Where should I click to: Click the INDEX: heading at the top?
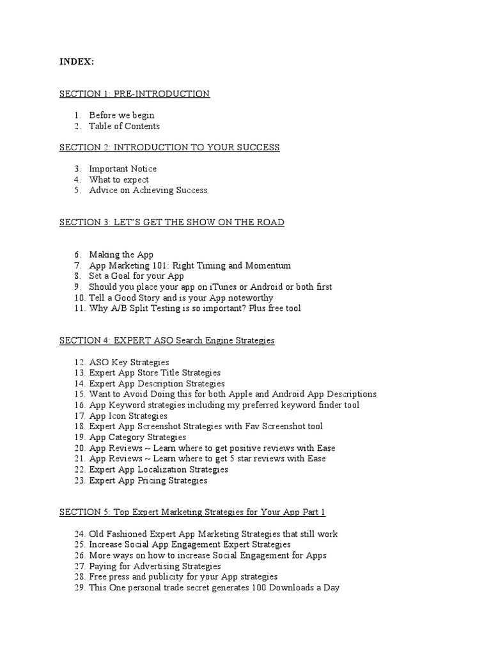pos(77,61)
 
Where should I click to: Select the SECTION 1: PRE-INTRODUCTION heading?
pos(134,94)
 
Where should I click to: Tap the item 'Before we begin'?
pos(121,115)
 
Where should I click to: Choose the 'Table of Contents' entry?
pos(124,126)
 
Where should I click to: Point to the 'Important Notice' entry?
pos(123,169)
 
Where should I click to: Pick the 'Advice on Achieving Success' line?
pos(148,190)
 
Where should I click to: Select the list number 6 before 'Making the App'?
pos(77,255)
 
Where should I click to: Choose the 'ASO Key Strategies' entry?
pos(129,362)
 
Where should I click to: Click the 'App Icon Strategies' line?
pos(128,416)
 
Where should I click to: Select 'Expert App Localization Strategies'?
pos(159,470)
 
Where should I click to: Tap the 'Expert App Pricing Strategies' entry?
pos(148,480)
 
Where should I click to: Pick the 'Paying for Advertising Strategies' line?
pos(155,566)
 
